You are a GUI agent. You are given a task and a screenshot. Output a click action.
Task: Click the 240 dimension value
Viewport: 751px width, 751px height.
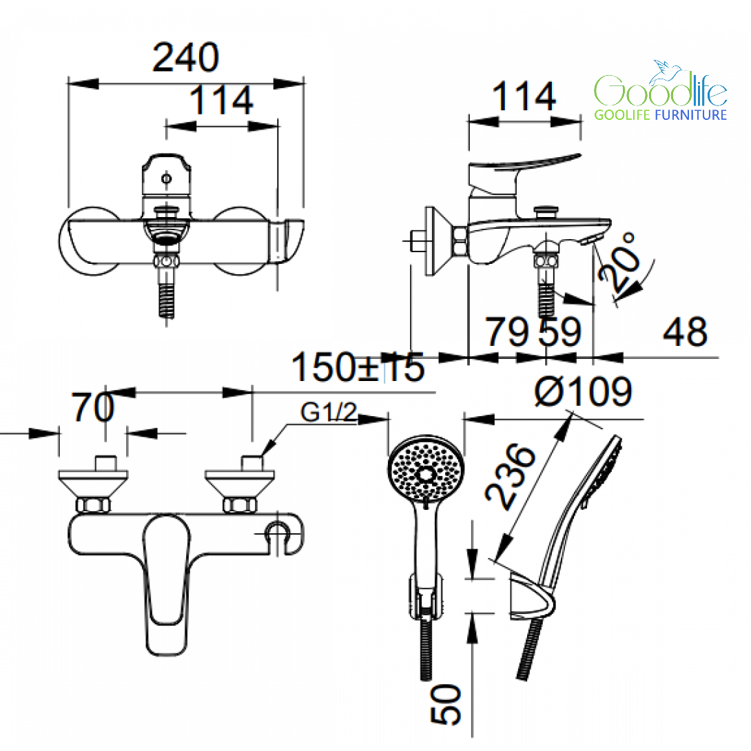click(x=186, y=57)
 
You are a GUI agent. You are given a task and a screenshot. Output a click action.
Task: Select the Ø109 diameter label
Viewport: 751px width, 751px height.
click(x=584, y=392)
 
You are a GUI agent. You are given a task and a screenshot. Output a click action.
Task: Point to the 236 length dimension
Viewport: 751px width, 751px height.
click(x=510, y=477)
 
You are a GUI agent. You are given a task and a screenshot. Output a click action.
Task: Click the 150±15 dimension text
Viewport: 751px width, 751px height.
click(x=358, y=367)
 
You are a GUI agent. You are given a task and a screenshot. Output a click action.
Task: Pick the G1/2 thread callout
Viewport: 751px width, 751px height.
click(x=329, y=412)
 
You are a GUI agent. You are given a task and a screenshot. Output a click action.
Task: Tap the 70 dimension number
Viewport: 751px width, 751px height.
click(x=93, y=407)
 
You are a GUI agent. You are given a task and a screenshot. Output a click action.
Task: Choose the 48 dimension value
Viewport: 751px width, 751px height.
click(x=685, y=331)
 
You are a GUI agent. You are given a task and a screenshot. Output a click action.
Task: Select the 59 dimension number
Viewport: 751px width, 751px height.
click(x=560, y=331)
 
